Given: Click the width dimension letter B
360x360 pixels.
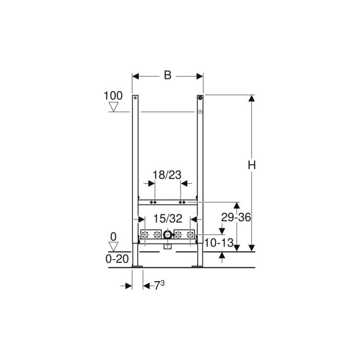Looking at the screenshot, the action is [x=167, y=75].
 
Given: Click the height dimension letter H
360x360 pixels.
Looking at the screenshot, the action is [x=251, y=165].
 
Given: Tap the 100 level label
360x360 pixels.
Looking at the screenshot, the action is [x=113, y=96].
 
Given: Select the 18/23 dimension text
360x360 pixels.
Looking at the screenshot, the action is [x=167, y=175].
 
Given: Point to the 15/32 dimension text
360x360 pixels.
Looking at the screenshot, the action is [x=167, y=219].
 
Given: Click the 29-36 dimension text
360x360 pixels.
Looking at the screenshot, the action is [x=236, y=217].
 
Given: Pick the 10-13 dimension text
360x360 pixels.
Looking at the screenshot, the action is [x=219, y=243].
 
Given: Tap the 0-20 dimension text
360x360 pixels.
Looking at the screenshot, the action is [x=117, y=259].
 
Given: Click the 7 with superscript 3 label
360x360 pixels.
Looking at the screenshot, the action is [x=159, y=285].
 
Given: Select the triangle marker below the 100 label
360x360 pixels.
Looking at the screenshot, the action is [x=113, y=107].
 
